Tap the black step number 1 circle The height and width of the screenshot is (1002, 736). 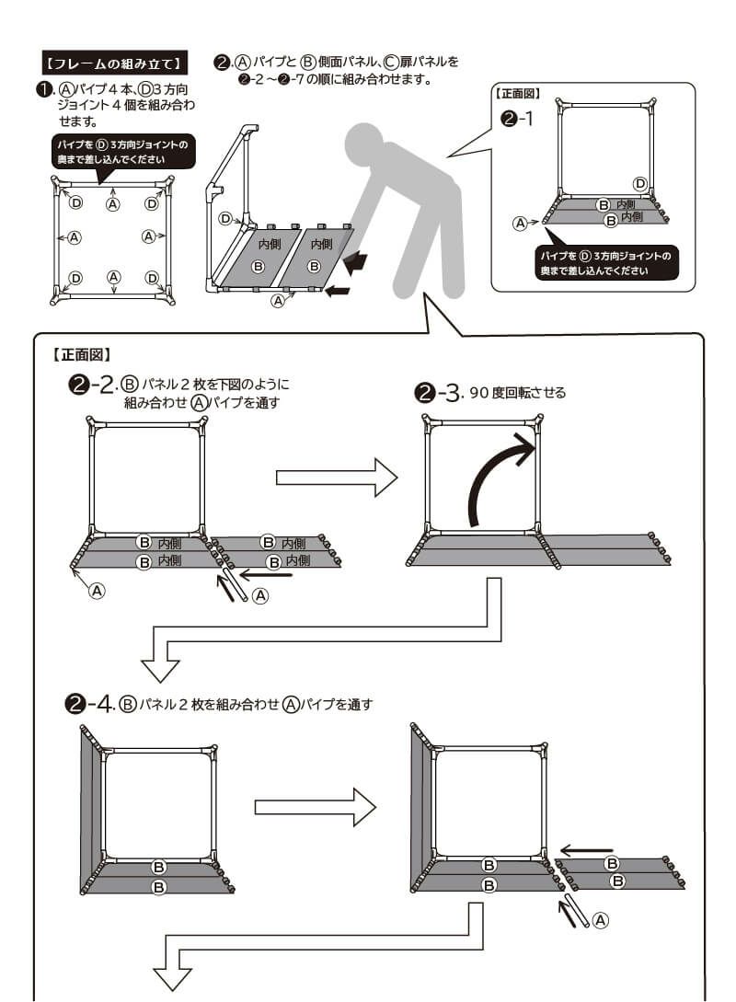pyautogui.click(x=42, y=90)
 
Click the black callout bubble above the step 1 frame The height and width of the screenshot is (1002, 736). pyautogui.click(x=122, y=152)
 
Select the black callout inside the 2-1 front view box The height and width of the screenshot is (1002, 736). pyautogui.click(x=607, y=262)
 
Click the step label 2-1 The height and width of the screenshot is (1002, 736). pyautogui.click(x=517, y=119)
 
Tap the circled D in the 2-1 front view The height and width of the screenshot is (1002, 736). pyautogui.click(x=640, y=183)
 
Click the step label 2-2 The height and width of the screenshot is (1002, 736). pyautogui.click(x=93, y=386)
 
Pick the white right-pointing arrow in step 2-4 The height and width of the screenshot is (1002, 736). pyautogui.click(x=315, y=807)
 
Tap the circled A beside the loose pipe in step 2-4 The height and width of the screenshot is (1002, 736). pyautogui.click(x=600, y=919)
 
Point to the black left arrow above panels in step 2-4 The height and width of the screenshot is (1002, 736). pyautogui.click(x=586, y=849)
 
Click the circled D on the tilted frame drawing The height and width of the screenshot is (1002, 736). pyautogui.click(x=224, y=218)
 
